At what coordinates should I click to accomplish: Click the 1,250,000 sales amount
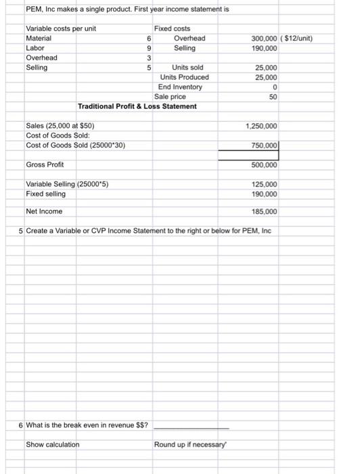pos(263,127)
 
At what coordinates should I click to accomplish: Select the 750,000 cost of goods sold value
pos(265,146)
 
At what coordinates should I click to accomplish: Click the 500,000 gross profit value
pos(265,165)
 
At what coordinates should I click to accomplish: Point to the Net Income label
pos(44,211)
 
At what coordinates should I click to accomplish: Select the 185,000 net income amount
pos(265,211)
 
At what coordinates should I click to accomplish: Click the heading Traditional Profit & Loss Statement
pos(137,106)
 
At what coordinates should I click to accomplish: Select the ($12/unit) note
pos(296,39)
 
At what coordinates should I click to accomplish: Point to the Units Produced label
pos(185,77)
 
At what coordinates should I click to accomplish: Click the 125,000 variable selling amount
pos(265,184)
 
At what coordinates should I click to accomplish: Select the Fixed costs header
pos(172,29)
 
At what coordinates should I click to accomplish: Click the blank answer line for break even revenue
pos(191,426)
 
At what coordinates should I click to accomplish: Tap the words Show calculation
pos(52,444)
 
